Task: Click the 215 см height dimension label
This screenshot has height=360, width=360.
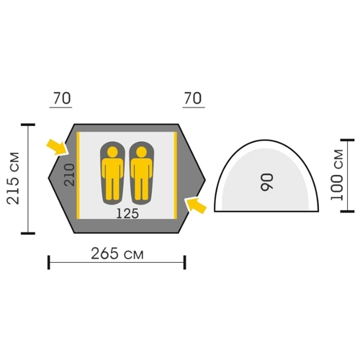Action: coord(13,179)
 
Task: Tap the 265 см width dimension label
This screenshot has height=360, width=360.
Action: coord(117,253)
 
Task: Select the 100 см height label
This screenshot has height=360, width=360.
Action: coord(337,175)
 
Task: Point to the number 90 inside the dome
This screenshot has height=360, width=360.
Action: coord(267,182)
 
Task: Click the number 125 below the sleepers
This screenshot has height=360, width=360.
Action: coord(127,213)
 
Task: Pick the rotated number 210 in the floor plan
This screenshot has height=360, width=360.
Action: coord(70,175)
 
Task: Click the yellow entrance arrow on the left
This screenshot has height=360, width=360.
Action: coord(57,147)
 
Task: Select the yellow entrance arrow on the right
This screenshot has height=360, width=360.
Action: coord(196,205)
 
